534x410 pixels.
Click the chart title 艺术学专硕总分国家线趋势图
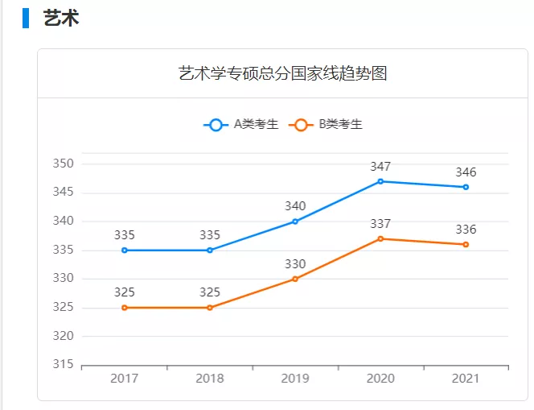(282, 74)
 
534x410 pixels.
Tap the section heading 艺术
(61, 18)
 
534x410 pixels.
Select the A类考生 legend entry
(241, 125)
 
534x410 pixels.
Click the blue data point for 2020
(380, 181)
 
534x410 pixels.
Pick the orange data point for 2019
(295, 279)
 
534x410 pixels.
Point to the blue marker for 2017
(125, 251)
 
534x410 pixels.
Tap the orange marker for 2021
(466, 245)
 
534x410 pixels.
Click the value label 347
(380, 167)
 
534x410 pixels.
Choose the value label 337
(380, 224)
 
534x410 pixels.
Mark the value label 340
(295, 206)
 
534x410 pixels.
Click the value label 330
(295, 264)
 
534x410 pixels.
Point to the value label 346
(466, 172)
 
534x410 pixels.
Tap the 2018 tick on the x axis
(210, 379)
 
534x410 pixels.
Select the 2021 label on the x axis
(466, 379)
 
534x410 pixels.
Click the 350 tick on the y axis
(64, 164)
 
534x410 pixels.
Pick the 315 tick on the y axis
(64, 365)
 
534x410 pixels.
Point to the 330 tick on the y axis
(64, 279)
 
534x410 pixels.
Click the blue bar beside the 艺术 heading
(26, 18)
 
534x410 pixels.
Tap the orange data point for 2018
(210, 308)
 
